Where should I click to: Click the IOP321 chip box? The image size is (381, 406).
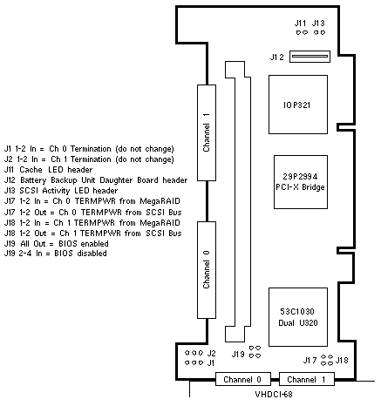tap(298, 105)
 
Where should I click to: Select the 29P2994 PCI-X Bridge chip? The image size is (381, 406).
tap(301, 182)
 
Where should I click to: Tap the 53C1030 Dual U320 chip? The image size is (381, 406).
tap(298, 317)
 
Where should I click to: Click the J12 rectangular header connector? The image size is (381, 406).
tap(310, 57)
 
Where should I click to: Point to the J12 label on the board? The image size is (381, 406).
tap(276, 58)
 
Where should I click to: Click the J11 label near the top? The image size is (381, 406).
tap(300, 24)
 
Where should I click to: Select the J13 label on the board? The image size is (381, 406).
tap(318, 24)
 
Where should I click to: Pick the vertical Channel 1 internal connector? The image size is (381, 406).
tap(207, 132)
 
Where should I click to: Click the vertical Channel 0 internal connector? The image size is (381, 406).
tap(207, 270)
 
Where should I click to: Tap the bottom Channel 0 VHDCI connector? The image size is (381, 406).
tap(242, 379)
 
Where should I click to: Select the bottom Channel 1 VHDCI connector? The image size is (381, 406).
tap(307, 379)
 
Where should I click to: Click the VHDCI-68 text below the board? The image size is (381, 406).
tap(274, 394)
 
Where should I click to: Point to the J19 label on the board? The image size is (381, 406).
tap(238, 355)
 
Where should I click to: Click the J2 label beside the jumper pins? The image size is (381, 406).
tap(211, 353)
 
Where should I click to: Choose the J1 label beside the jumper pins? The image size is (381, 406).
tap(211, 362)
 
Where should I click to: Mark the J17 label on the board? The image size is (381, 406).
tap(310, 361)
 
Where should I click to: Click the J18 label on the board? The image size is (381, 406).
tap(342, 361)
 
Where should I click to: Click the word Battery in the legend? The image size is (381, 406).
tap(33, 180)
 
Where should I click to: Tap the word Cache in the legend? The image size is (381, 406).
tap(31, 170)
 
